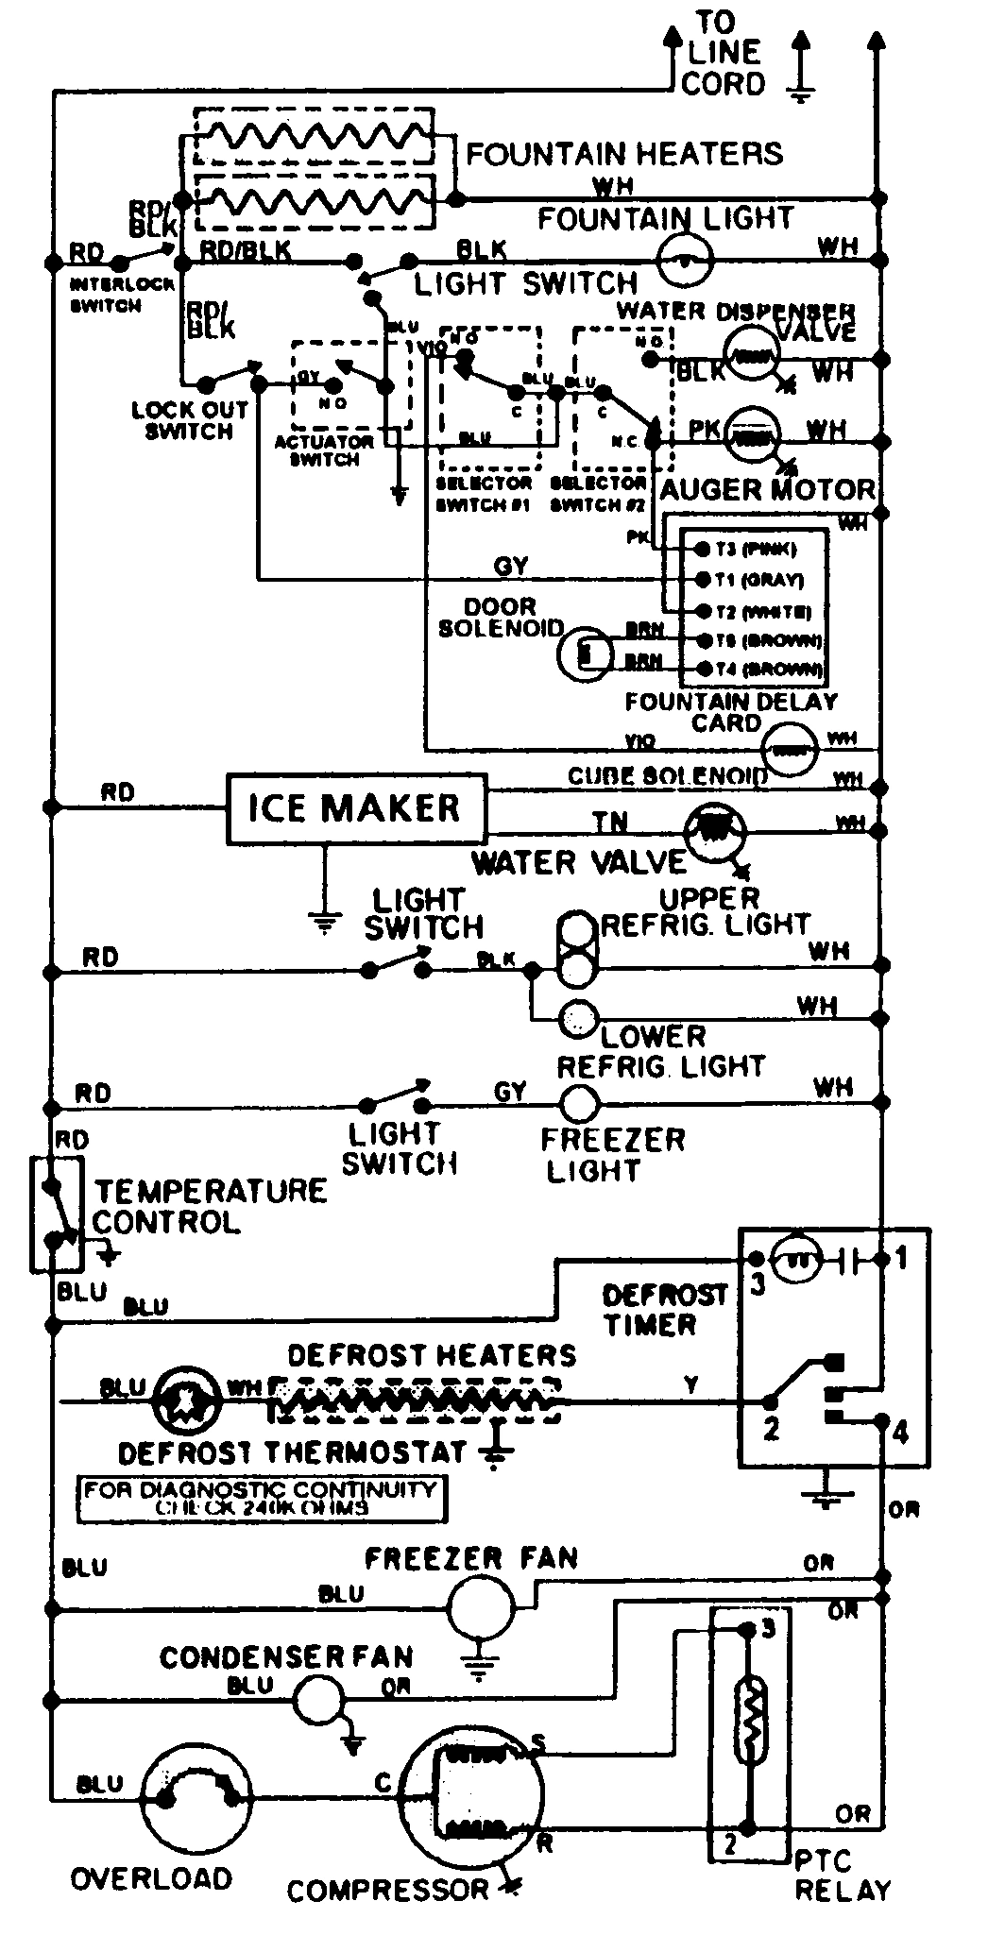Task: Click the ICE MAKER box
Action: (x=356, y=808)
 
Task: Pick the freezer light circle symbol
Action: (x=580, y=1102)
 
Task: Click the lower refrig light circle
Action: (x=578, y=1019)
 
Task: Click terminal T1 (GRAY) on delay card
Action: (x=702, y=579)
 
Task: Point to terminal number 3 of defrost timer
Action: (x=756, y=1259)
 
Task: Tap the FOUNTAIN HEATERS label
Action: (x=624, y=153)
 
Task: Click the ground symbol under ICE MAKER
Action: (x=324, y=923)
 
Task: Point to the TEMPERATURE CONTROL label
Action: (x=209, y=1206)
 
